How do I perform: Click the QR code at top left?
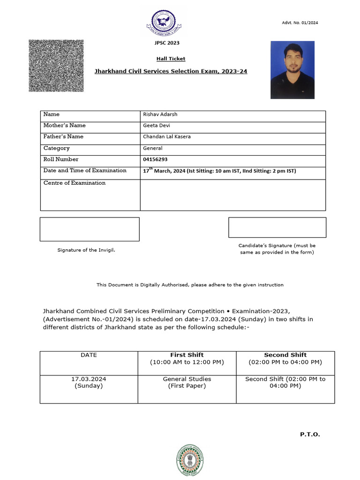(x=56, y=66)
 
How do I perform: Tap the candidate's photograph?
(x=292, y=70)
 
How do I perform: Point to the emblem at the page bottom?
(x=190, y=460)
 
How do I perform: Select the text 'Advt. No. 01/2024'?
(x=300, y=23)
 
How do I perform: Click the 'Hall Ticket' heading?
(x=171, y=59)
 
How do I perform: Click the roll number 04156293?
(x=155, y=159)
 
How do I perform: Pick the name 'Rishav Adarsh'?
(x=160, y=114)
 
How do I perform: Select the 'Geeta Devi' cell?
(x=157, y=126)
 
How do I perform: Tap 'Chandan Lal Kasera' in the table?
(x=166, y=137)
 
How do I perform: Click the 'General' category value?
(x=152, y=148)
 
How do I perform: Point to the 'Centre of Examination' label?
(x=75, y=183)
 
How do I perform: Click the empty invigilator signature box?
(x=90, y=229)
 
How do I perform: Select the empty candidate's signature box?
(x=277, y=227)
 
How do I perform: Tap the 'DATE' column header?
(x=89, y=355)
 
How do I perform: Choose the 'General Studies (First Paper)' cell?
(x=187, y=382)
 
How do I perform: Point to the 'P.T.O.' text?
(x=310, y=435)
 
